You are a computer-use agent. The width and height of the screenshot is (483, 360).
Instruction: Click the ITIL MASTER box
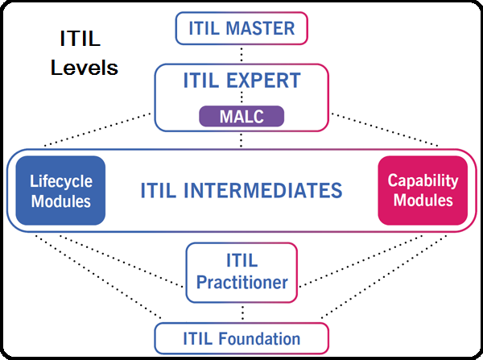(242, 29)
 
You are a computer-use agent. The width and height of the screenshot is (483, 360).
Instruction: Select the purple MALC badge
(242, 117)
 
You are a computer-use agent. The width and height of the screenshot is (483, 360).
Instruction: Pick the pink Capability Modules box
(423, 190)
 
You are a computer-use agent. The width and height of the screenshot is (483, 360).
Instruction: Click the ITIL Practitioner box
(242, 272)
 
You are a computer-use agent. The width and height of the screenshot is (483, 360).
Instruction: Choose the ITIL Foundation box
(242, 338)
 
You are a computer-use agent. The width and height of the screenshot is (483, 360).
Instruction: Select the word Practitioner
(242, 283)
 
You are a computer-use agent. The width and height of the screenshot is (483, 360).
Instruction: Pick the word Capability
(423, 180)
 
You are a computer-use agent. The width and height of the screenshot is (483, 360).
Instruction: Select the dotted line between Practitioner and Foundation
(242, 312)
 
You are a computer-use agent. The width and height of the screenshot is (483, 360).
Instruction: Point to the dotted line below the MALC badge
(242, 139)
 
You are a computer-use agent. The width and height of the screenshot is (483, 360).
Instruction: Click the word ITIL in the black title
(80, 39)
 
